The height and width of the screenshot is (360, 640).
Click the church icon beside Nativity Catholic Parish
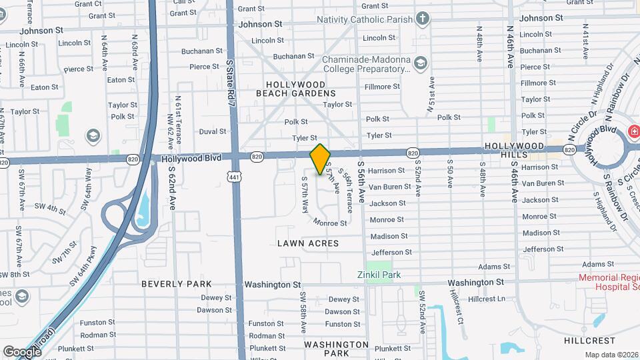(423, 17)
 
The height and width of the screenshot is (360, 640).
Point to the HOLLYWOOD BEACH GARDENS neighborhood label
(295, 89)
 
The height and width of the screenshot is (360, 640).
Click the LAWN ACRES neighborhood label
(308, 243)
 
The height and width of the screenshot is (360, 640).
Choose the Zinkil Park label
(382, 274)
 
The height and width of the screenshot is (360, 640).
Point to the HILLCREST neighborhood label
(584, 340)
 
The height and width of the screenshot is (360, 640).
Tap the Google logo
(22, 351)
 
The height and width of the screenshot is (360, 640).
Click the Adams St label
(494, 267)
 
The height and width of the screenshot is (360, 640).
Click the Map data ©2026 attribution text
(611, 355)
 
